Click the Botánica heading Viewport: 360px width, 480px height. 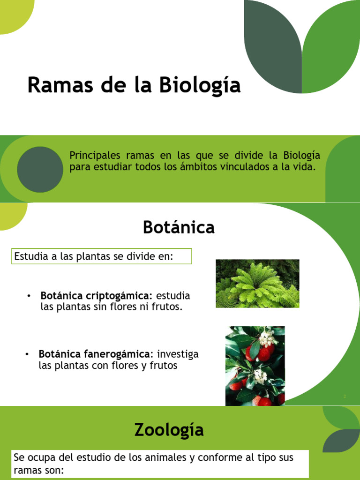[179, 227]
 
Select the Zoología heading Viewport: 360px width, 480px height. [169, 429]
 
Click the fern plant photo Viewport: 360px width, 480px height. [257, 284]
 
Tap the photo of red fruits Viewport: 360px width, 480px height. [255, 366]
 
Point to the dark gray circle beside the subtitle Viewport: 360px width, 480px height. [40, 169]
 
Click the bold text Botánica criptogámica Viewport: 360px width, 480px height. [96, 296]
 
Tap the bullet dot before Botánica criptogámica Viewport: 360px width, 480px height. [29, 296]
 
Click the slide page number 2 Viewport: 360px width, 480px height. [345, 397]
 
